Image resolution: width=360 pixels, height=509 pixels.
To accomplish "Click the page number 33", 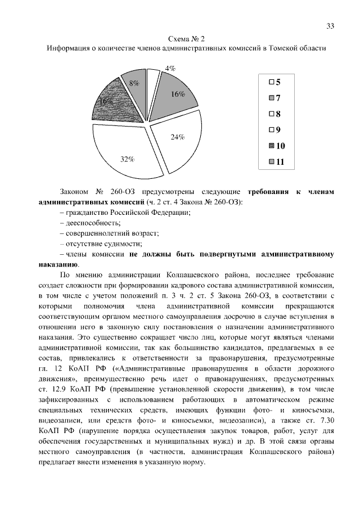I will click(330, 26).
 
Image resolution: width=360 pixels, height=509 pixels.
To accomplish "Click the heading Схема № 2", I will click(186, 38).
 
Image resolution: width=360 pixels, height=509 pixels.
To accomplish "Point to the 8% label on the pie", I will click(134, 84).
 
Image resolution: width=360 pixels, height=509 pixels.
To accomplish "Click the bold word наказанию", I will click(58, 264).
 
